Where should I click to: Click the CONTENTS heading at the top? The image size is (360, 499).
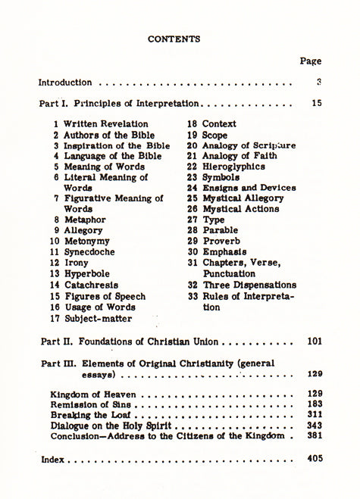pyautogui.click(x=174, y=38)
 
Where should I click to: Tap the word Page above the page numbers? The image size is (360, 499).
pyautogui.click(x=311, y=61)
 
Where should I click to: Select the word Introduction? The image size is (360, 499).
pyautogui.click(x=65, y=83)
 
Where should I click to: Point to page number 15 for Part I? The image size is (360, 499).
pyautogui.click(x=316, y=102)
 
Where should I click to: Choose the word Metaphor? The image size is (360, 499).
pyautogui.click(x=85, y=220)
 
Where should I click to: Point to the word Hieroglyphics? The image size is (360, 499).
pyautogui.click(x=233, y=166)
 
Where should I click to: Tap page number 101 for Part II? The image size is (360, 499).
pyautogui.click(x=315, y=342)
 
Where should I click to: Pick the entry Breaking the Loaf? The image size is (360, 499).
pyautogui.click(x=91, y=415)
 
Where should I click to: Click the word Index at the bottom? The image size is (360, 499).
pyautogui.click(x=52, y=459)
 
